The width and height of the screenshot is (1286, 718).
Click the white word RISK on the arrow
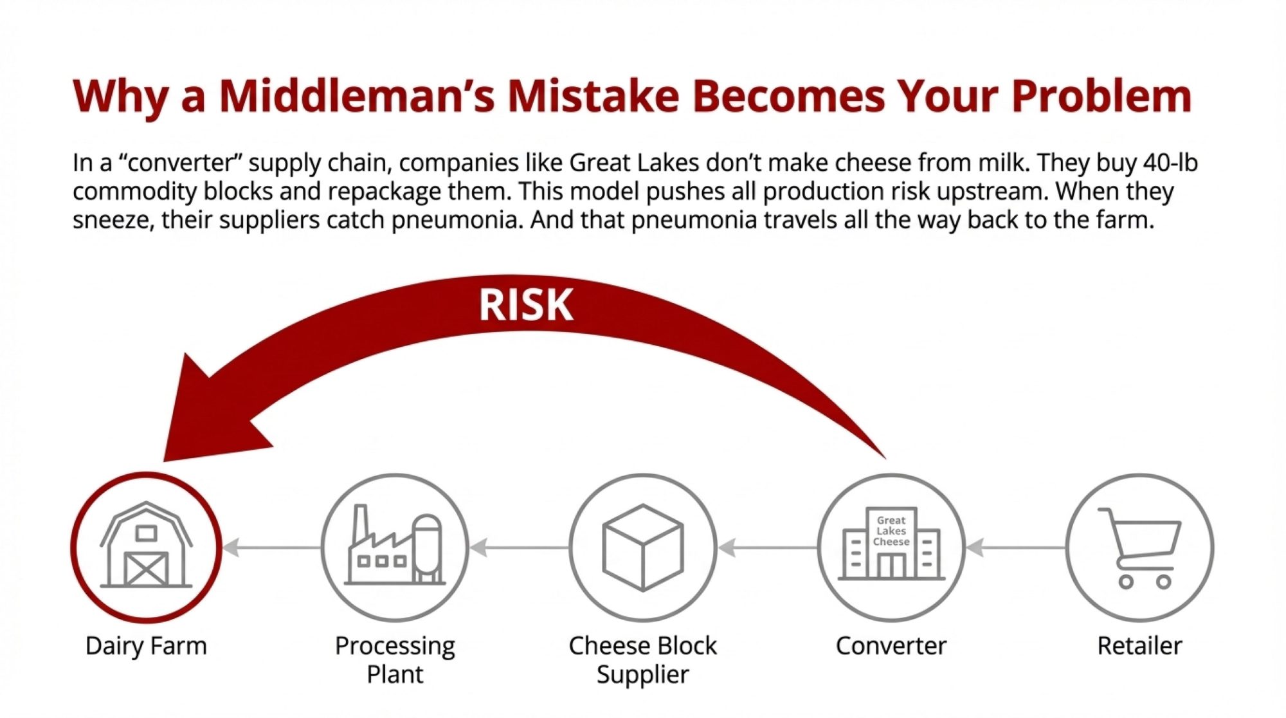point(526,304)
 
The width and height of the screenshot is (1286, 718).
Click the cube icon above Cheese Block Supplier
point(642,548)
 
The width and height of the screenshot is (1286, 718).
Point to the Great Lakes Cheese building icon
point(891,544)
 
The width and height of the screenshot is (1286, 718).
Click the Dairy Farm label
point(146,645)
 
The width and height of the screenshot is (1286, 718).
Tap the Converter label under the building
point(891,645)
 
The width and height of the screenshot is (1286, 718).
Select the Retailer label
point(1139,645)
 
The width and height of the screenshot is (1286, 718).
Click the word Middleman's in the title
point(357,96)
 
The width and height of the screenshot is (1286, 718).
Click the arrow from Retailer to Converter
point(1016,548)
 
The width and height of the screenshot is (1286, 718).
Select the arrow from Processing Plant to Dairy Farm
point(271,548)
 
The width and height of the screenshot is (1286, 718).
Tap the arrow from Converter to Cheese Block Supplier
point(768,548)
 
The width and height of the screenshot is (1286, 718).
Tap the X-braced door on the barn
point(146,569)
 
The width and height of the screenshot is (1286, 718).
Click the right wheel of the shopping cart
point(1164,582)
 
